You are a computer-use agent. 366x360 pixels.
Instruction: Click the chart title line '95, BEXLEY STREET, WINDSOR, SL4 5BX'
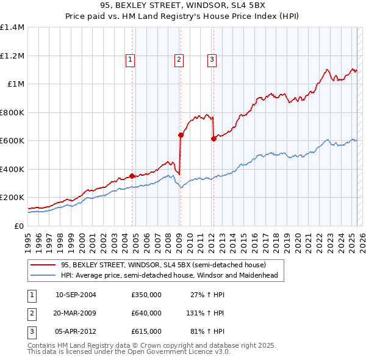183,6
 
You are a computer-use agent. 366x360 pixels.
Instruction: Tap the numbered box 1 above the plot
131,59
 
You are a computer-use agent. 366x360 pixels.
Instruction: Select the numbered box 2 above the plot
179,59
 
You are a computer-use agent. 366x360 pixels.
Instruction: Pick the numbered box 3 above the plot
211,59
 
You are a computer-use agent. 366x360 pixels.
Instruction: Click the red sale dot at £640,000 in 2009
181,135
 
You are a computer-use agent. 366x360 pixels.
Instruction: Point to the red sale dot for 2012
213,139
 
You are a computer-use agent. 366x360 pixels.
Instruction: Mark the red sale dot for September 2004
132,176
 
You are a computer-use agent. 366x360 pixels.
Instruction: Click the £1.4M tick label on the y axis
12,27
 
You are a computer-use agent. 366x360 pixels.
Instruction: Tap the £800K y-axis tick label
12,112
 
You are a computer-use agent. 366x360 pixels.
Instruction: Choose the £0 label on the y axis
18,226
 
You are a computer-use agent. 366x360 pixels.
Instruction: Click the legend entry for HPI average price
169,275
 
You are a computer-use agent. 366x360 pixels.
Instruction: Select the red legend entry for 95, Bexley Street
163,265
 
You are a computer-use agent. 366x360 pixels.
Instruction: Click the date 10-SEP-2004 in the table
76,295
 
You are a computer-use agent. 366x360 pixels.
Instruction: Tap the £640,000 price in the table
146,313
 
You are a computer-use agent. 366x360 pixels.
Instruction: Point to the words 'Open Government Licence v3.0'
181,352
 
